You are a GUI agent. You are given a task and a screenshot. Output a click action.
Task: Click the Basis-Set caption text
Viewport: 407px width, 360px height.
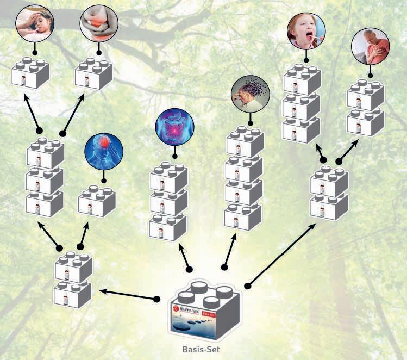point(203,350)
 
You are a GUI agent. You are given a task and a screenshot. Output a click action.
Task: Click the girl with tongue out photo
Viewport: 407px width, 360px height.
point(306,31)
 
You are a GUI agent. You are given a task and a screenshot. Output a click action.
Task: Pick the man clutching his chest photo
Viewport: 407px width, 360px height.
point(370,47)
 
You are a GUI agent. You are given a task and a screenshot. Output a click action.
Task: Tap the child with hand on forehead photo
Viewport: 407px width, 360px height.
point(34,23)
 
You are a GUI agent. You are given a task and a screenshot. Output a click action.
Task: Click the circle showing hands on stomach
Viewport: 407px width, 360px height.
point(98,23)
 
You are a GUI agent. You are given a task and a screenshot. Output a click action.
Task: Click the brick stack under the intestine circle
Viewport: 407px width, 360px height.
point(168,201)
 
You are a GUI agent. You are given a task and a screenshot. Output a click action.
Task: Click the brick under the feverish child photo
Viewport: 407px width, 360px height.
point(30,73)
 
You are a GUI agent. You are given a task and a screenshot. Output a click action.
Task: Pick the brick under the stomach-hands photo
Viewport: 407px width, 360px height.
point(93,73)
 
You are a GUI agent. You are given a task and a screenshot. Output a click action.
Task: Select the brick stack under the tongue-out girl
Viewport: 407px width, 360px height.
point(302,103)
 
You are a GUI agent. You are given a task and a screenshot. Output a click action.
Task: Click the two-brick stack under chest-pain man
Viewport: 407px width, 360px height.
point(366,109)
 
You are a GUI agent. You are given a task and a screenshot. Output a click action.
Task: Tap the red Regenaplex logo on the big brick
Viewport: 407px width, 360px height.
point(177,308)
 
